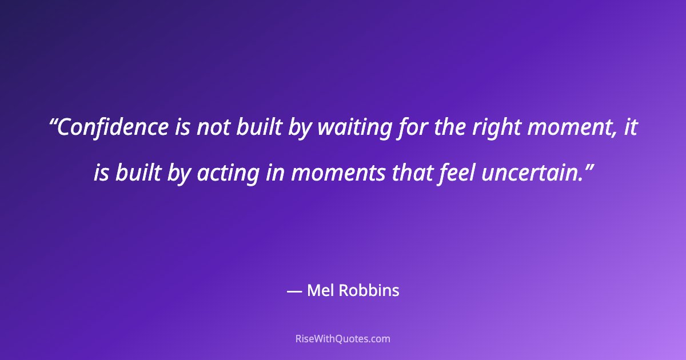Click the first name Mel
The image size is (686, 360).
[x=321, y=291]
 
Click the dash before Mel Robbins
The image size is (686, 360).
[x=294, y=291]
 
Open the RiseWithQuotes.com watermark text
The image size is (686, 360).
[x=343, y=338]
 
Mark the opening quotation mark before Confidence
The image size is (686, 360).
[x=53, y=122]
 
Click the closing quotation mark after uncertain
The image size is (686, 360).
[x=587, y=166]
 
